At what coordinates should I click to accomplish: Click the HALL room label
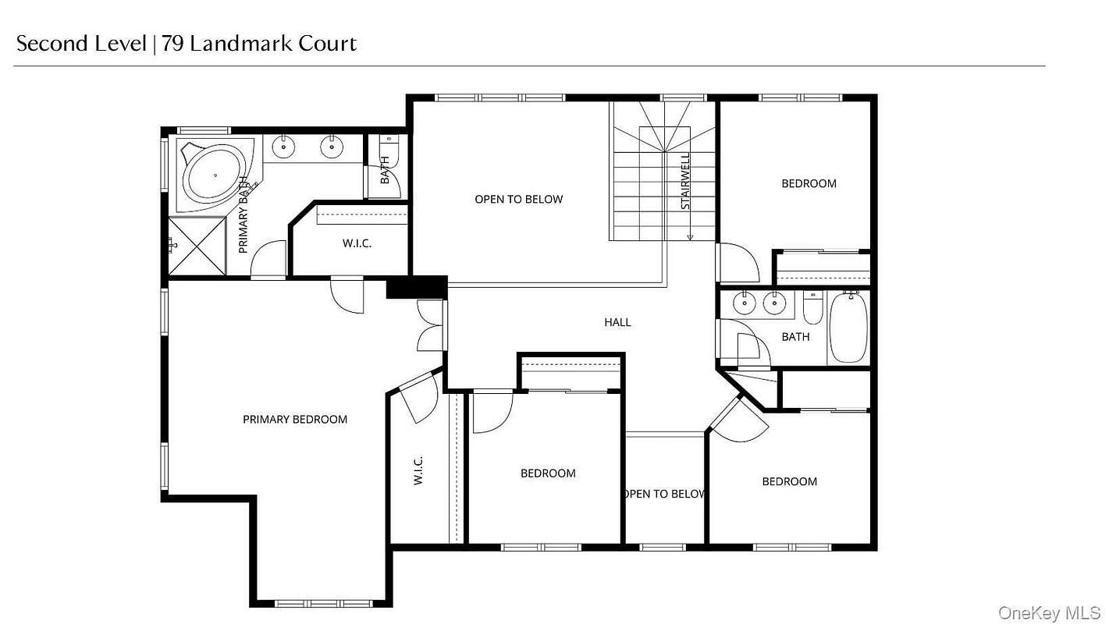[x=617, y=322]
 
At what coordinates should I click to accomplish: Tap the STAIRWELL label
[x=685, y=181]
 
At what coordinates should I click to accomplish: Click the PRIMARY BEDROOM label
[x=295, y=420]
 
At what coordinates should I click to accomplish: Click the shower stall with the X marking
[x=197, y=246]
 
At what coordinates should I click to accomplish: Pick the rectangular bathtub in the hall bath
[x=848, y=327]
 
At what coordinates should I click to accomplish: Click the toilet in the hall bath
[x=812, y=307]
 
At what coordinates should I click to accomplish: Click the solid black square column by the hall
[x=417, y=287]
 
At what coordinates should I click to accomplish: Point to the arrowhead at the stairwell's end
[x=690, y=238]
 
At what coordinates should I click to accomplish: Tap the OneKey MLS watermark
[x=1049, y=613]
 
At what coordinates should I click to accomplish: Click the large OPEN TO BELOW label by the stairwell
[x=519, y=200]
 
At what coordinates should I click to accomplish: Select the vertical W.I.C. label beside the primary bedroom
[x=418, y=470]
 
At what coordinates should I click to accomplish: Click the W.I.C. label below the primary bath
[x=357, y=243]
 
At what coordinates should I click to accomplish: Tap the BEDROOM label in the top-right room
[x=809, y=183]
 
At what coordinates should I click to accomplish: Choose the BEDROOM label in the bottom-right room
[x=790, y=481]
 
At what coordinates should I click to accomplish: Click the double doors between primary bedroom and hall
[x=432, y=325]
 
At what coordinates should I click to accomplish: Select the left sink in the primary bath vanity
[x=283, y=147]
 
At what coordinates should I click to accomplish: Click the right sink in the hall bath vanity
[x=774, y=303]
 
